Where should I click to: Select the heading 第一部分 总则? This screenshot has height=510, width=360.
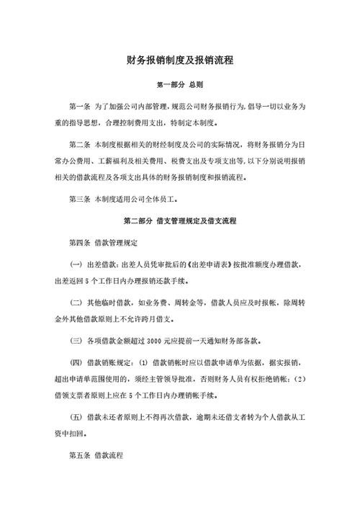[180, 84]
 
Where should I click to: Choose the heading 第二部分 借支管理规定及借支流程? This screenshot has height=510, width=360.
[180, 220]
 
